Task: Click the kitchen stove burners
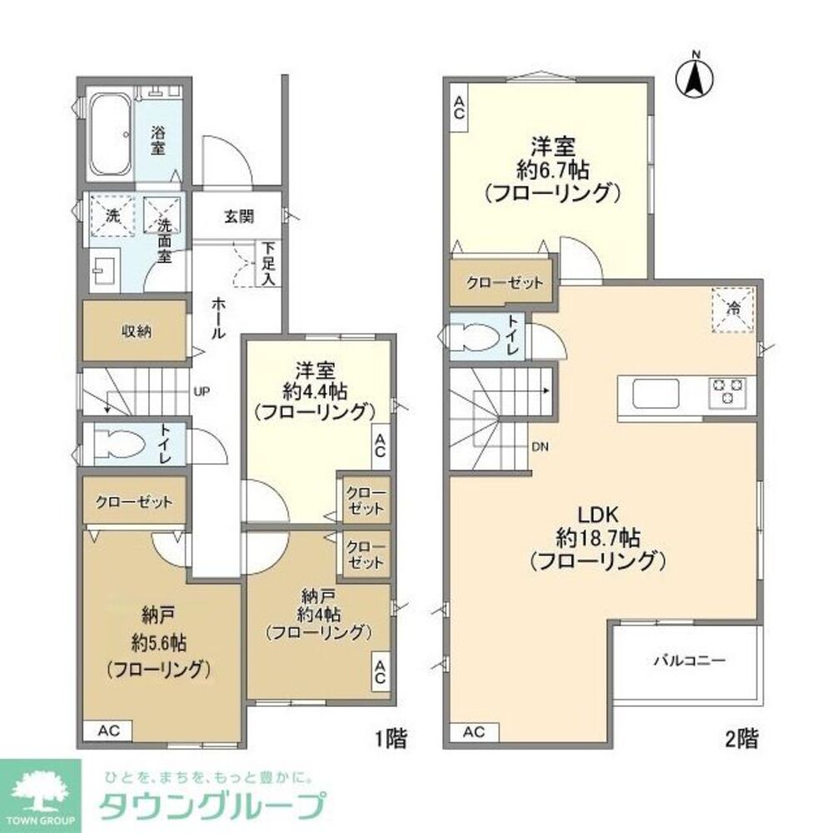click(727, 392)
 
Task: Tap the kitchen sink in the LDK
click(656, 393)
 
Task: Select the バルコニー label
click(689, 661)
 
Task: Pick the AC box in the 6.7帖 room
click(458, 109)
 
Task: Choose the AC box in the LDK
click(473, 732)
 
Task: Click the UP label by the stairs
click(202, 389)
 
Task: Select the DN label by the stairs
click(541, 447)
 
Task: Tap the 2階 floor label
click(741, 737)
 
